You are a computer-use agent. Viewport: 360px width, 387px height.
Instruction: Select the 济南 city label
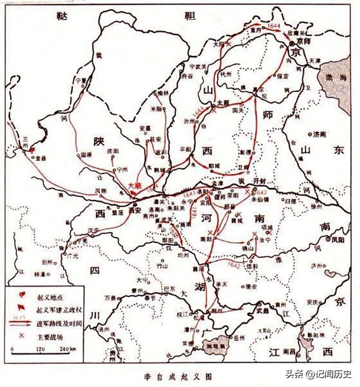320,133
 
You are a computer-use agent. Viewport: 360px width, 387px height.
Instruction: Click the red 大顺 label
135,185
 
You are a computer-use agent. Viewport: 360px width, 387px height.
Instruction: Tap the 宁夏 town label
81,79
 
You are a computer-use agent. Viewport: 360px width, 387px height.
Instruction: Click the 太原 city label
223,102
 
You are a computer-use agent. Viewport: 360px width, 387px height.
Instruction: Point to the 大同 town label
218,44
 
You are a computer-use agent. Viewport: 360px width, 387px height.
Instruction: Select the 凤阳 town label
337,238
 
